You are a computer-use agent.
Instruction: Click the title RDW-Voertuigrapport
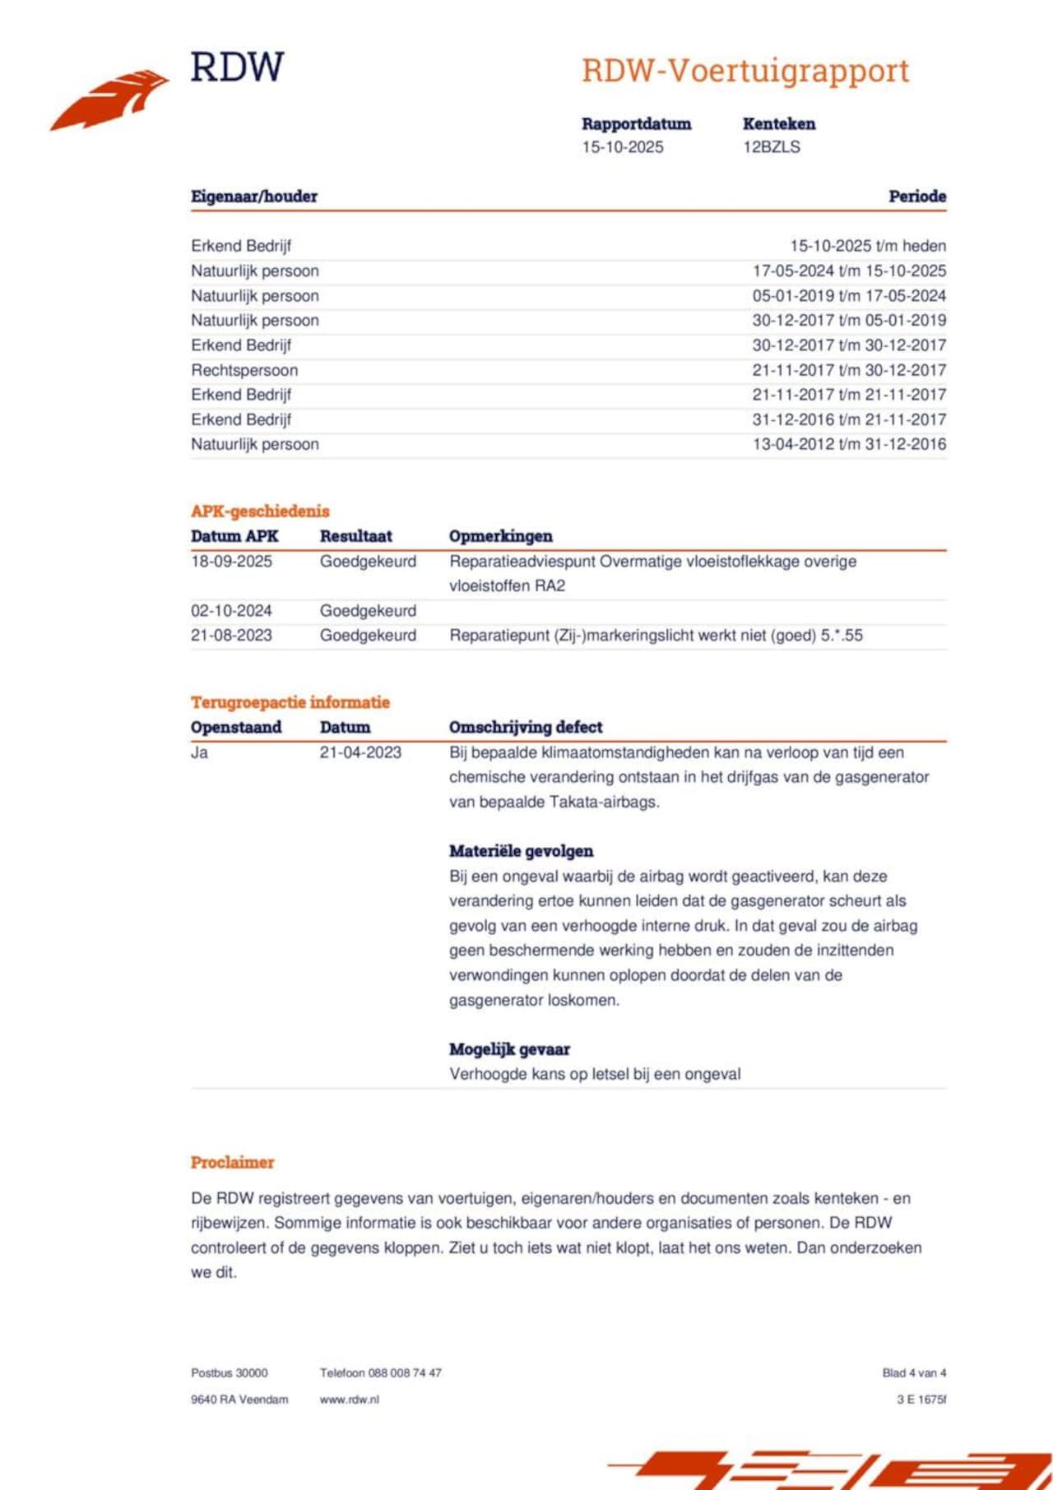745,71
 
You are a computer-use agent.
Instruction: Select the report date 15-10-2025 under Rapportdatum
622,147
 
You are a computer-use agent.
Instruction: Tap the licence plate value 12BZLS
771,147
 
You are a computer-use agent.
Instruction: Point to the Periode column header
916,197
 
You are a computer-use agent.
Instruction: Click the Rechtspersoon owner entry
244,370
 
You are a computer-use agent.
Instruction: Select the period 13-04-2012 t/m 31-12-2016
849,444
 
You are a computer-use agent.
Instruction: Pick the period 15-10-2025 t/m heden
868,246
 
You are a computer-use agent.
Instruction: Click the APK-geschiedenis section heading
260,511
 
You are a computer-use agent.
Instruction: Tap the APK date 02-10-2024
231,611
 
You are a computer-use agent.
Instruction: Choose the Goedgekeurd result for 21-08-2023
368,636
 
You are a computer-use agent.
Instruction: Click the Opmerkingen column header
500,536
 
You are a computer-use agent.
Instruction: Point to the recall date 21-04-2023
360,752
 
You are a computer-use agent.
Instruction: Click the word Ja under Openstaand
199,752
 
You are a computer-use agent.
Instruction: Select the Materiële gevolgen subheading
521,851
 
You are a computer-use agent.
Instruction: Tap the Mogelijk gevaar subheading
509,1049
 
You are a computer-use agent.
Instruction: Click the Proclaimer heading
232,1163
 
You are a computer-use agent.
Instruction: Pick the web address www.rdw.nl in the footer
349,1400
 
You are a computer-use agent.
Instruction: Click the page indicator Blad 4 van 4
914,1373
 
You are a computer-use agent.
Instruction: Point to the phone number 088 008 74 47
405,1373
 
